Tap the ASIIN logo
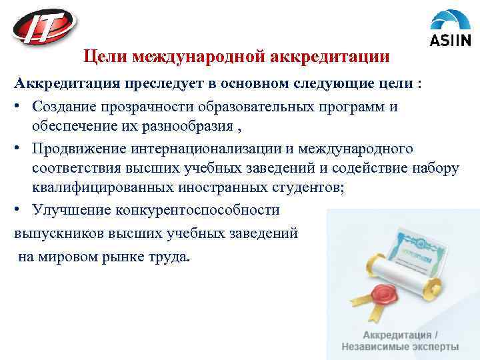click(x=450, y=29)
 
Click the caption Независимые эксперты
click(x=400, y=347)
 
